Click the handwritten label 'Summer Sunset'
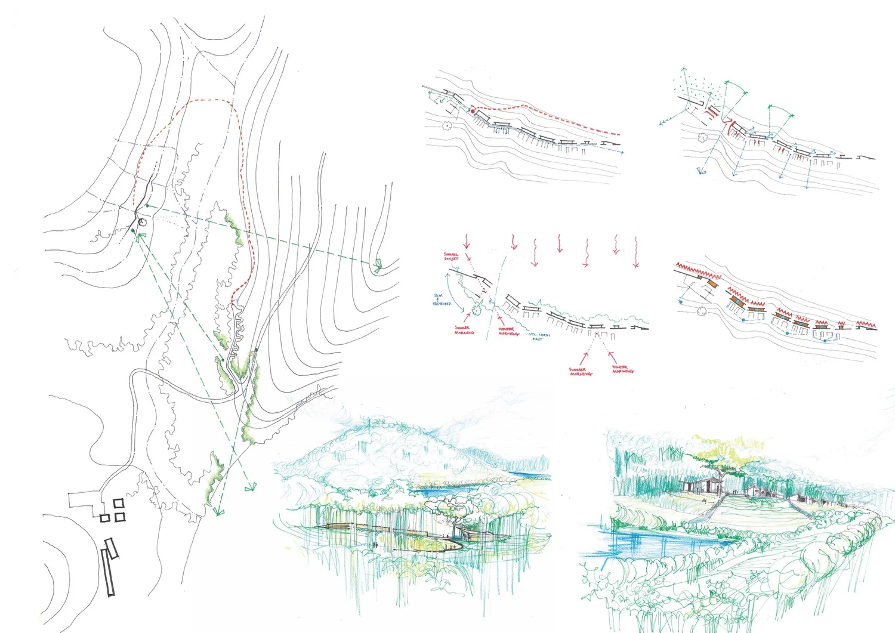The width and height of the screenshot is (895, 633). coord(451,257)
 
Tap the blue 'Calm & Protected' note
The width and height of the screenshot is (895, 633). coord(442,299)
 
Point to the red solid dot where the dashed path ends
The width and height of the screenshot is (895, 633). coord(473,111)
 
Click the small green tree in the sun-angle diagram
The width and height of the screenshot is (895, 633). coord(477,308)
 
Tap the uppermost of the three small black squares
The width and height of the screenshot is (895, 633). coord(118,504)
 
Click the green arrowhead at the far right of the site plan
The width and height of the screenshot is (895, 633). coord(377,266)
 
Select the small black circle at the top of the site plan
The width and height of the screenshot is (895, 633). coord(141,223)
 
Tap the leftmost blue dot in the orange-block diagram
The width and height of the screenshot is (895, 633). coord(680,302)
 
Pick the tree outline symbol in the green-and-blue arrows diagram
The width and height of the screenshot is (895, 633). coord(702,138)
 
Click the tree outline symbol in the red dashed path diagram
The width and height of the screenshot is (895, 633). coord(447,125)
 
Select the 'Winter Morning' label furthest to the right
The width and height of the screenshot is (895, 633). coord(622,369)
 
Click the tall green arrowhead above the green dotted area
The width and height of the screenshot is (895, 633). coord(684,71)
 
